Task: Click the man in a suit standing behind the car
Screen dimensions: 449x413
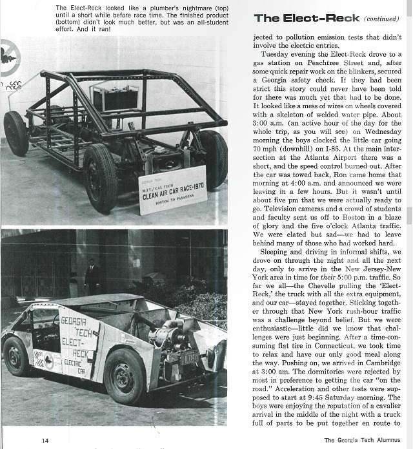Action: point(93,276)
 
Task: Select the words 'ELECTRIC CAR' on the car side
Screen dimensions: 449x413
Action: point(81,367)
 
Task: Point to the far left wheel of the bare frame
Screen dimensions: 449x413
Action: point(15,133)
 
